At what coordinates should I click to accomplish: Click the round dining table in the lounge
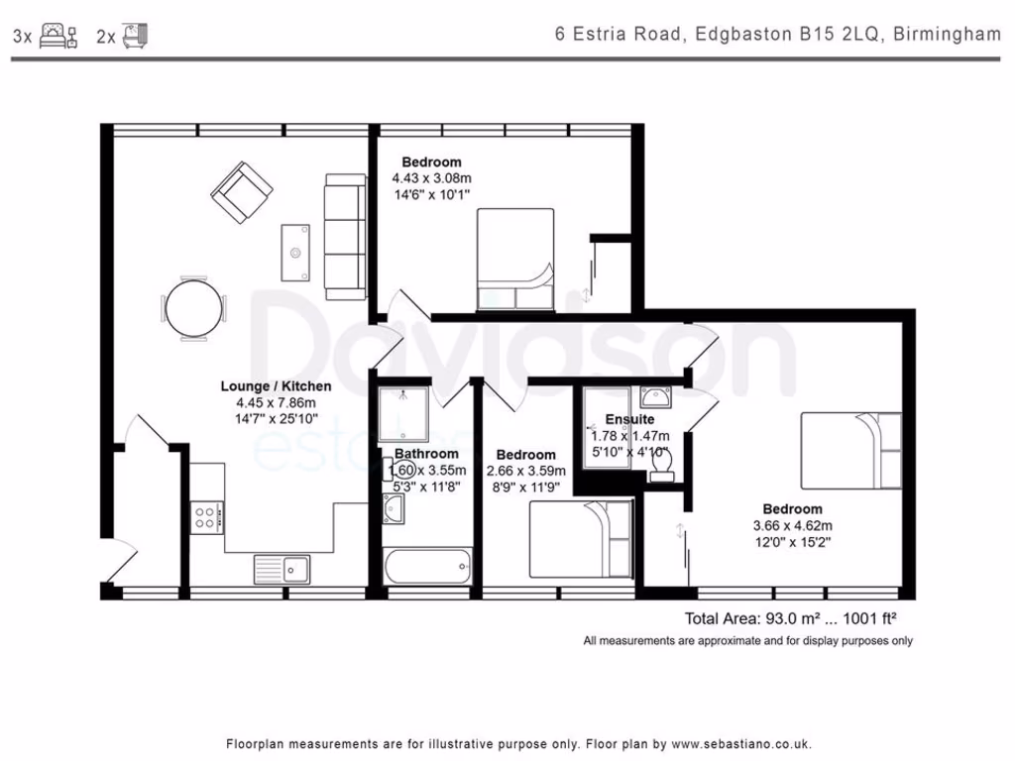click(x=193, y=309)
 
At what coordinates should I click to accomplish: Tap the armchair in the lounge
click(x=242, y=192)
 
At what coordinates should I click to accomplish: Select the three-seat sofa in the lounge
click(x=346, y=236)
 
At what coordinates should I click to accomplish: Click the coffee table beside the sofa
click(x=295, y=253)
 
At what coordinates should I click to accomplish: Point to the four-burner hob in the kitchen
click(x=207, y=517)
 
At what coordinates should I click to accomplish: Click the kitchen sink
click(x=282, y=570)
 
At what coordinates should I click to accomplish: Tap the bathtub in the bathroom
click(x=427, y=566)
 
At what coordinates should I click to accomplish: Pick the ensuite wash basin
click(x=655, y=396)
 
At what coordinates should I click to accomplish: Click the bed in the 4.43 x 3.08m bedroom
click(x=515, y=259)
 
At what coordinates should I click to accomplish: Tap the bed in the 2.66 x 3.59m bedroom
click(x=581, y=539)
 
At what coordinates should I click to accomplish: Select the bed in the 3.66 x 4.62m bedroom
click(x=851, y=450)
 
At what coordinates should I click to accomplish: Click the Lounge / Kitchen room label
click(x=276, y=386)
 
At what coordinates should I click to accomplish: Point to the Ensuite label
click(x=629, y=419)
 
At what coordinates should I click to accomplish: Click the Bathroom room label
click(x=426, y=454)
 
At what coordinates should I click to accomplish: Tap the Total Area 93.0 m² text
click(x=752, y=618)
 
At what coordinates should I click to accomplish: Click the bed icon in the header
click(x=58, y=35)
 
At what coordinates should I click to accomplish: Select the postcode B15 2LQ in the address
click(x=840, y=34)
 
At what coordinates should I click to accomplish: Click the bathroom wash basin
click(x=393, y=508)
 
